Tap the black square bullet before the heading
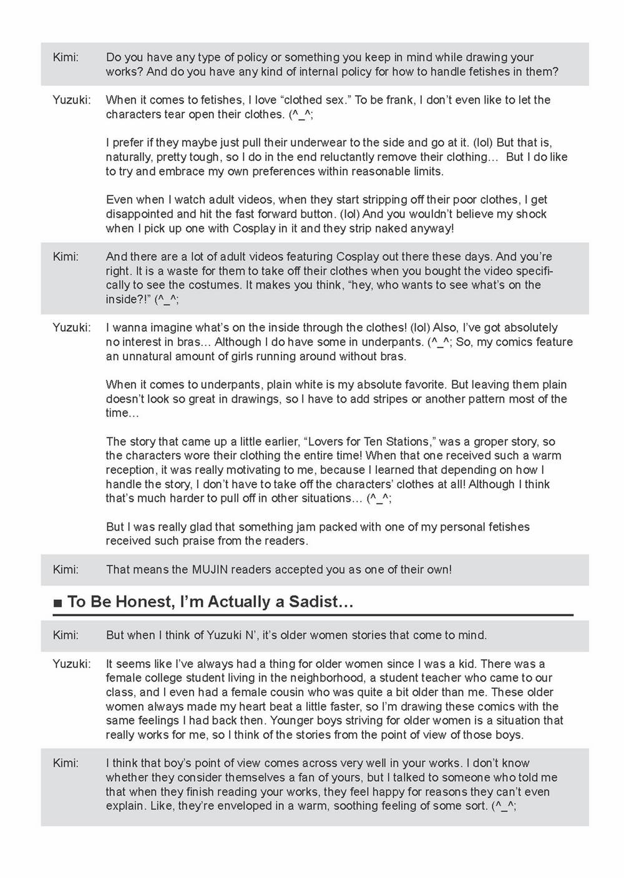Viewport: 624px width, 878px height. [x=58, y=603]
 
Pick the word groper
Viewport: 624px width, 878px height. [x=490, y=441]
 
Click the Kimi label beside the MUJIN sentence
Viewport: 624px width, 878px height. [x=66, y=569]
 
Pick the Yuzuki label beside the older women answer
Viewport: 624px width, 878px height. [x=71, y=663]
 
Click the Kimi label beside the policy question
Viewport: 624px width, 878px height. [x=66, y=57]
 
